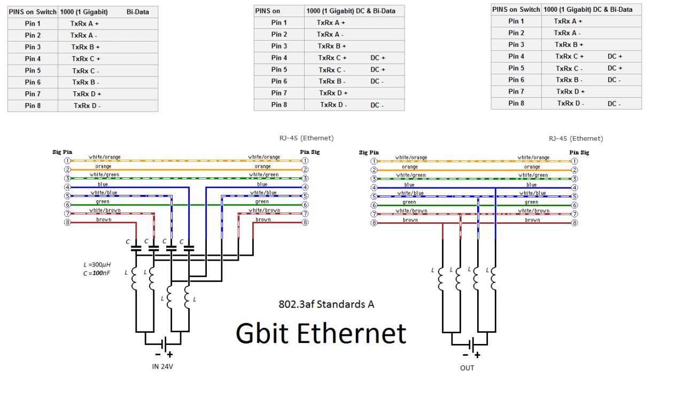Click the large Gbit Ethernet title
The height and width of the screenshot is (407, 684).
(x=321, y=333)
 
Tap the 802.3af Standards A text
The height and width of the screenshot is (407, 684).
(x=326, y=304)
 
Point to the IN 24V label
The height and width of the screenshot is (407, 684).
(x=162, y=366)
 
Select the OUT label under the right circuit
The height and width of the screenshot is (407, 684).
(x=467, y=367)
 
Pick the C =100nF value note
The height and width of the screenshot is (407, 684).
(x=97, y=273)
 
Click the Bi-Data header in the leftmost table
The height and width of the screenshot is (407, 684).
(x=138, y=11)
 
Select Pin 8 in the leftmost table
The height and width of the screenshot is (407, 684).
(x=33, y=106)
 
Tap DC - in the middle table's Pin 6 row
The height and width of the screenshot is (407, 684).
(x=377, y=81)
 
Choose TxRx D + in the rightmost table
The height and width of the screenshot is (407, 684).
(x=570, y=91)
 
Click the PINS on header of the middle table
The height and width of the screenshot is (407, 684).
(x=268, y=11)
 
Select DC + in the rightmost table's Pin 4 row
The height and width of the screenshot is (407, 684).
(x=615, y=56)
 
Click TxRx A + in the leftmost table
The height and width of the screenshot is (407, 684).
(x=84, y=24)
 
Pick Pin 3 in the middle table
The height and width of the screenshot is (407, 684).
(x=279, y=46)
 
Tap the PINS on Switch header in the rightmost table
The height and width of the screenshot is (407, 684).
(x=516, y=9)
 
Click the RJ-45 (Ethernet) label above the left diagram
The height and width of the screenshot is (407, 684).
(x=306, y=138)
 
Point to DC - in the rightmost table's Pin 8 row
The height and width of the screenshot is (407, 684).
(x=614, y=104)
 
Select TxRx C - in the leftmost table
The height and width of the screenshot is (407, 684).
(x=85, y=71)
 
